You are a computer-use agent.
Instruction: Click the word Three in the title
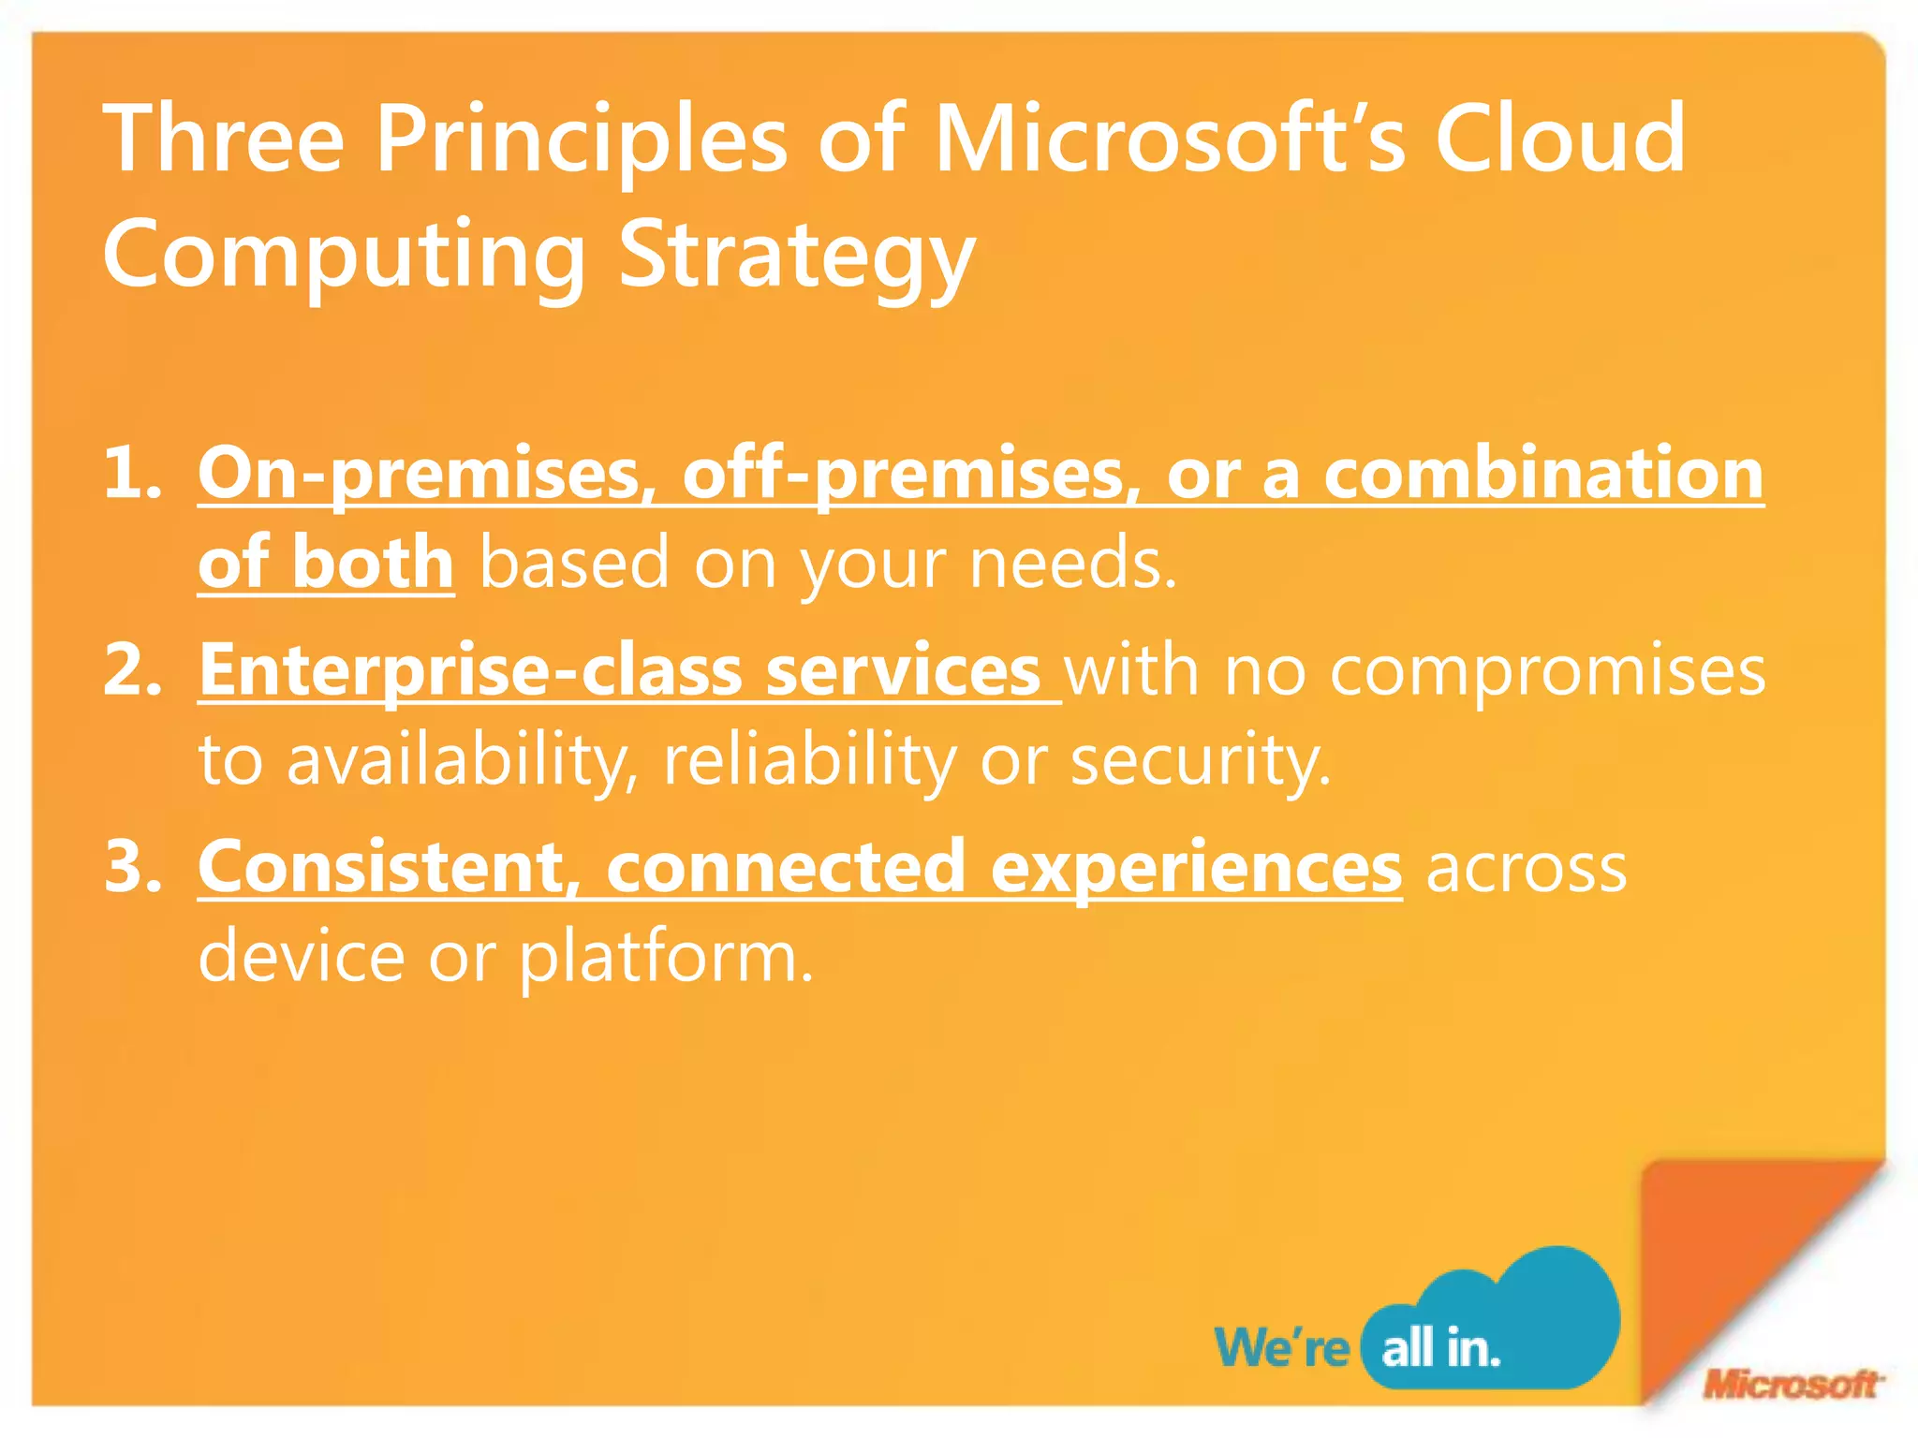[x=223, y=139]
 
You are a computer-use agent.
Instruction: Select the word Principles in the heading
[x=581, y=139]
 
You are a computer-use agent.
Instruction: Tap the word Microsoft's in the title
[x=1170, y=139]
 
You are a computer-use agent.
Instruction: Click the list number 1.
[x=131, y=473]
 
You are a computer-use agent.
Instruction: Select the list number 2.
[x=131, y=670]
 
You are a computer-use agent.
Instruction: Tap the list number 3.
[x=131, y=867]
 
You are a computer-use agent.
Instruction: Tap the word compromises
[x=1547, y=672]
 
